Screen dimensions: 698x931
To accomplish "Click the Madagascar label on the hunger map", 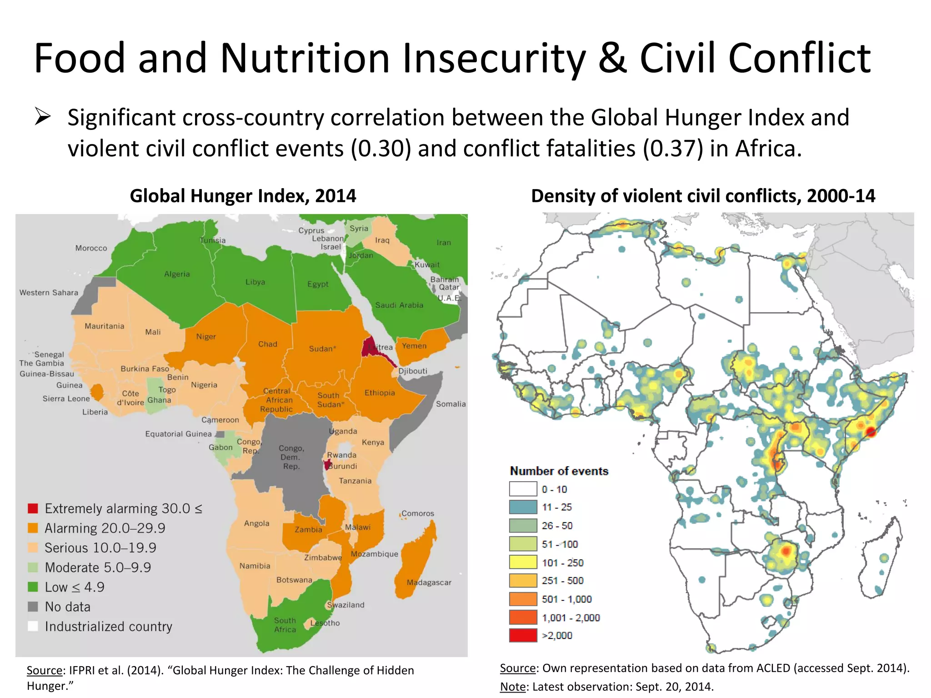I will coord(429,583).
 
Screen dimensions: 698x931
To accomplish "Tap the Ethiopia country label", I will coord(380,393).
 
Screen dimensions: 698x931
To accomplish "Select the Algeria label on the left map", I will coord(177,274).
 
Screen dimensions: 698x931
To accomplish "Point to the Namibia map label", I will coord(255,566).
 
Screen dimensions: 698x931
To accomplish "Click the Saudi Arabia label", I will coord(399,305).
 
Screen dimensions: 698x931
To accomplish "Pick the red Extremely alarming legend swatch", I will coord(33,508).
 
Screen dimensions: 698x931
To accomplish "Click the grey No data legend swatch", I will coord(33,607).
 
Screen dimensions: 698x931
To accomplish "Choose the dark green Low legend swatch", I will coord(33,587).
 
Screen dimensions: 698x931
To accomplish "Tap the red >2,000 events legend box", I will coord(523,635).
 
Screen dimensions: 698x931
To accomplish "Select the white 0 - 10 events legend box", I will coord(523,489).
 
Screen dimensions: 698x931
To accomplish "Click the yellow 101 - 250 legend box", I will coord(523,562).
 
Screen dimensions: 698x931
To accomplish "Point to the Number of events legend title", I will coord(559,471).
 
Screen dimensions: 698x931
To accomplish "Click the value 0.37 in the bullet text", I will coord(673,149).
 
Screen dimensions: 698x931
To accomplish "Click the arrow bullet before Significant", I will coord(42,117).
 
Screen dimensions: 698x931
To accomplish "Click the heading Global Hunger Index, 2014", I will coord(243,196).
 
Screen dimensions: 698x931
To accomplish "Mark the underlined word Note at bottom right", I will coord(512,686).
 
